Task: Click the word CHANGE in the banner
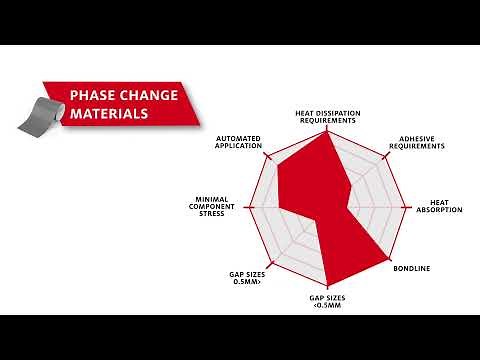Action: point(149,96)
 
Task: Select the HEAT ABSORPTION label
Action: point(439,206)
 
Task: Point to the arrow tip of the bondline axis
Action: point(385,266)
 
